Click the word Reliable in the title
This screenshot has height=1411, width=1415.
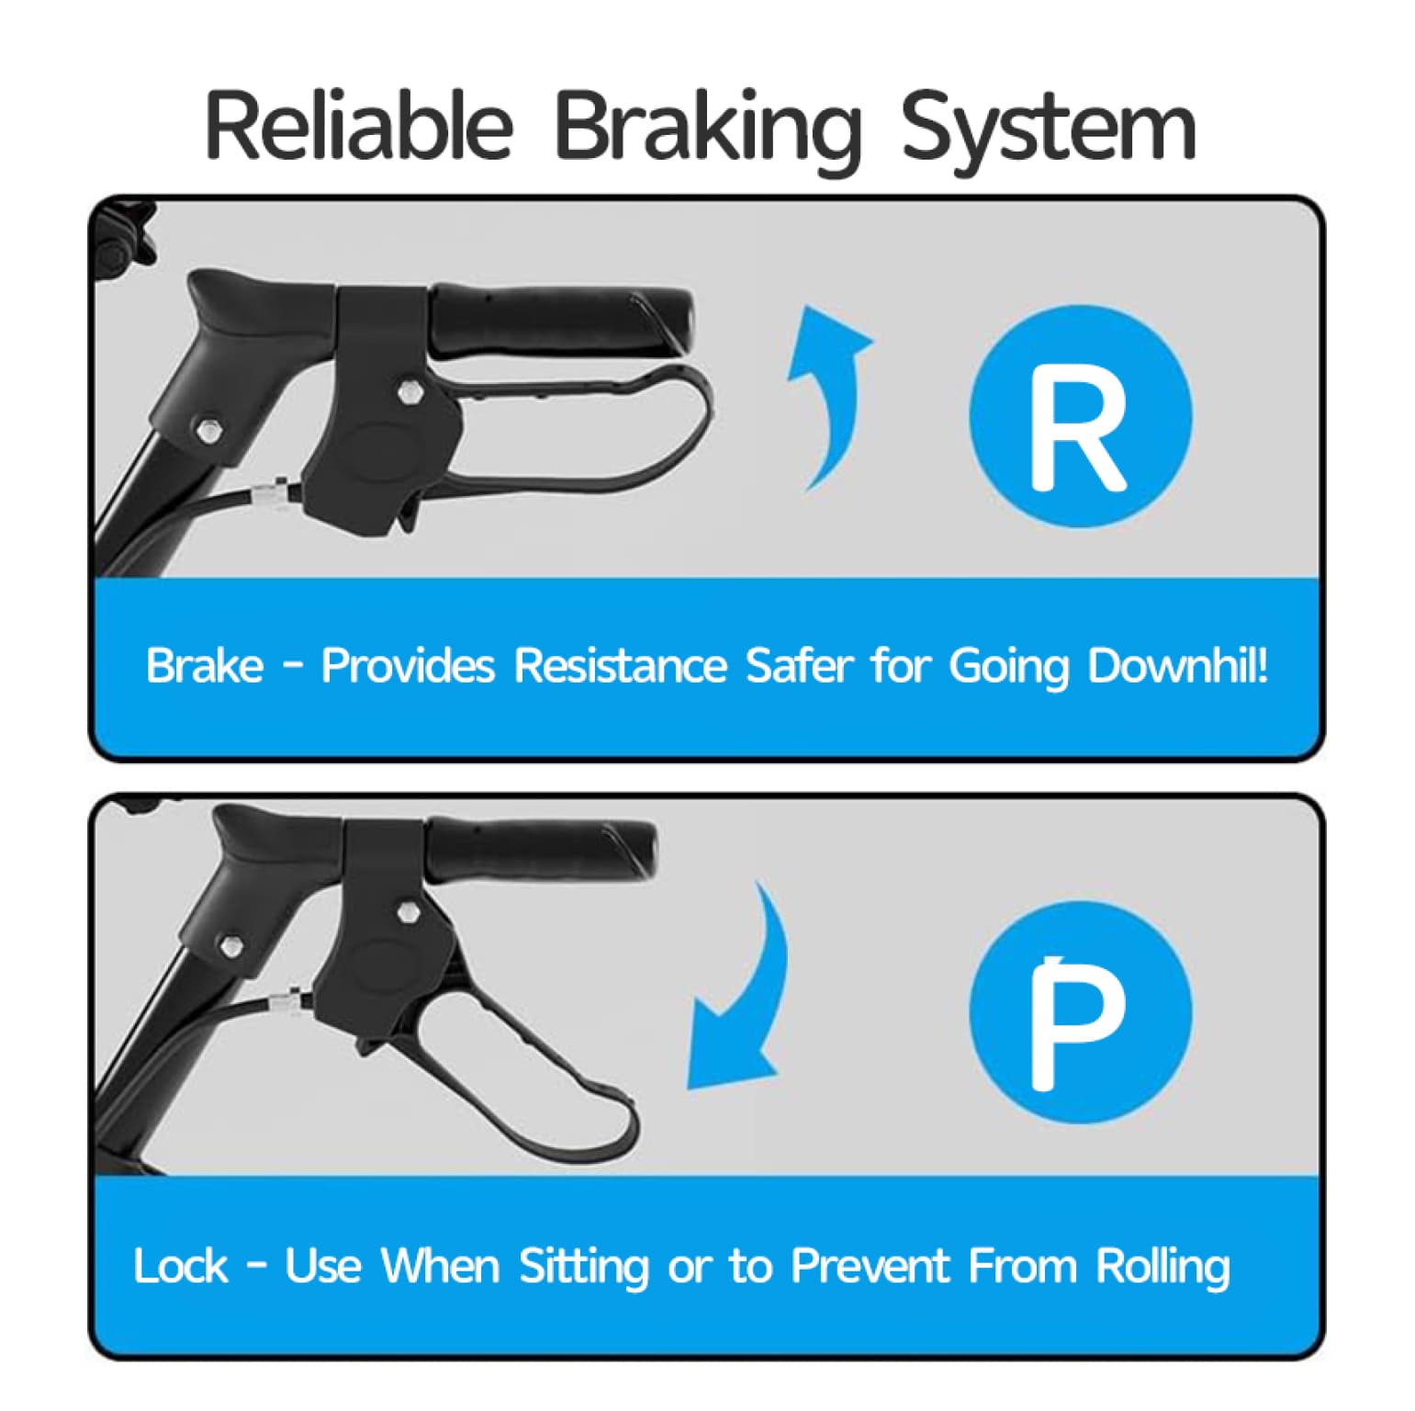358,125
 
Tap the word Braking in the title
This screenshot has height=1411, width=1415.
707,131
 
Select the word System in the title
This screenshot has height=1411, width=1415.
1050,131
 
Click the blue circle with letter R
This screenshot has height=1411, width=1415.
1081,416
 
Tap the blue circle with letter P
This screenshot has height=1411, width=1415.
1081,1012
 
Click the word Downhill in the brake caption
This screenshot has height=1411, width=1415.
1178,665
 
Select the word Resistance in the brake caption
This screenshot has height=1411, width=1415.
621,665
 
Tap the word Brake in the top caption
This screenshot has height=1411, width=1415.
204,665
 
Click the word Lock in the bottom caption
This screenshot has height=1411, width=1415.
180,1266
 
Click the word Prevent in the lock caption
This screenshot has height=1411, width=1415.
869,1266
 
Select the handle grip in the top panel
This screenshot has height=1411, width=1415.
560,322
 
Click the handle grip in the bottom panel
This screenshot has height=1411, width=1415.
542,847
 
